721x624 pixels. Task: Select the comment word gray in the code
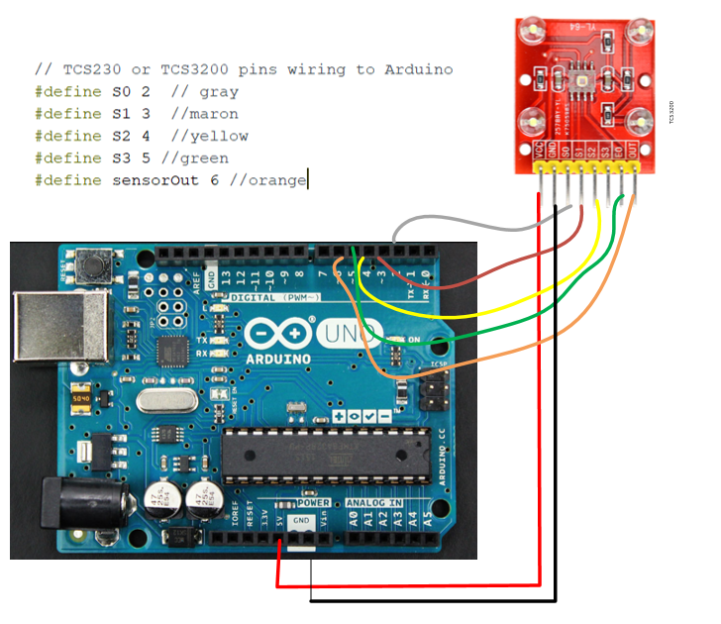point(219,92)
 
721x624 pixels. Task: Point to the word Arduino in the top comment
point(420,69)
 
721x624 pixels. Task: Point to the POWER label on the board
point(314,504)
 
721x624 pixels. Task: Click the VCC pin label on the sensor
point(539,153)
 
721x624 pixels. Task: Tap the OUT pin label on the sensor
point(631,153)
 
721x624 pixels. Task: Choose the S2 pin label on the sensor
point(592,153)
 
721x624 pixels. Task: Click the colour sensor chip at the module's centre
point(585,82)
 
